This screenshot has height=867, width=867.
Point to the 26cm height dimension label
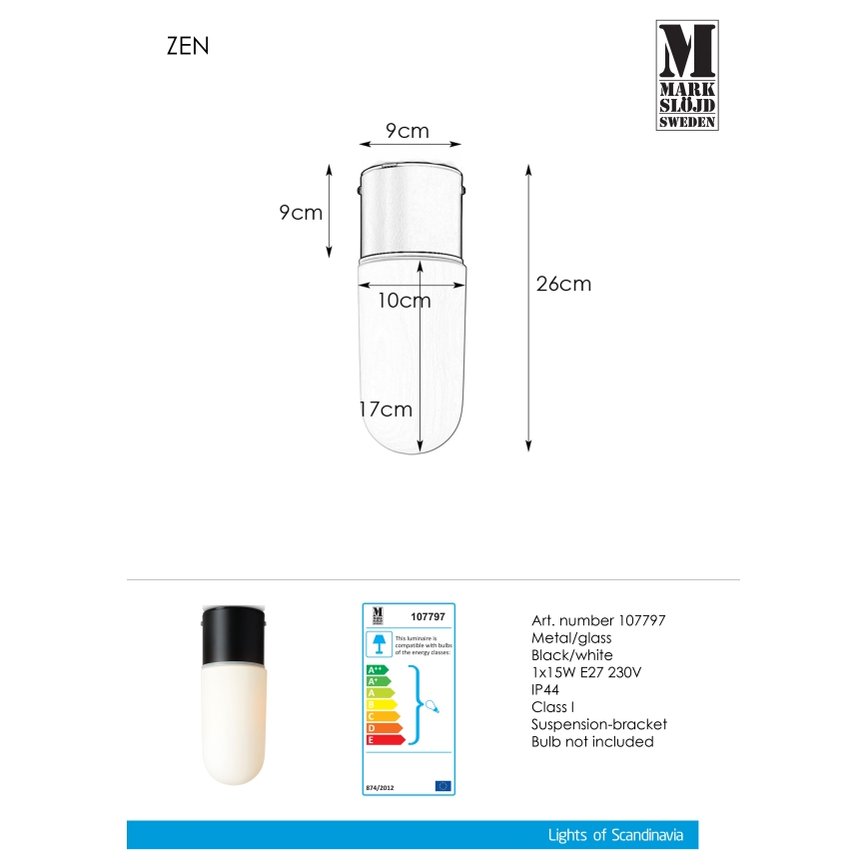(563, 284)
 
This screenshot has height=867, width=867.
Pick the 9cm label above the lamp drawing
(407, 131)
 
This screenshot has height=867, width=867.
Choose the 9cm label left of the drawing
(300, 212)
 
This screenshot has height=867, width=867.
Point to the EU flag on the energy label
(443, 786)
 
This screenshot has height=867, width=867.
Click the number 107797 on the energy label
(428, 616)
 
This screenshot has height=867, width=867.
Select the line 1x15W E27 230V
(586, 672)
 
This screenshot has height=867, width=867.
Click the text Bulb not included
(592, 741)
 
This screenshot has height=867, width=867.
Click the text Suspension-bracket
(597, 724)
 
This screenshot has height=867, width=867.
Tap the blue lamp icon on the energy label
(379, 641)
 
